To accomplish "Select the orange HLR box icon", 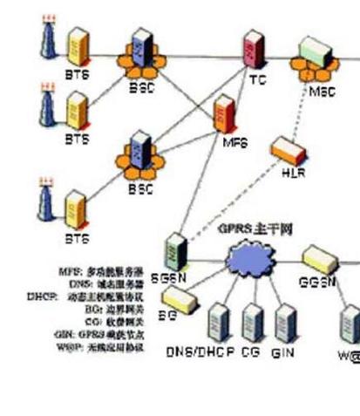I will click(x=282, y=151).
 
